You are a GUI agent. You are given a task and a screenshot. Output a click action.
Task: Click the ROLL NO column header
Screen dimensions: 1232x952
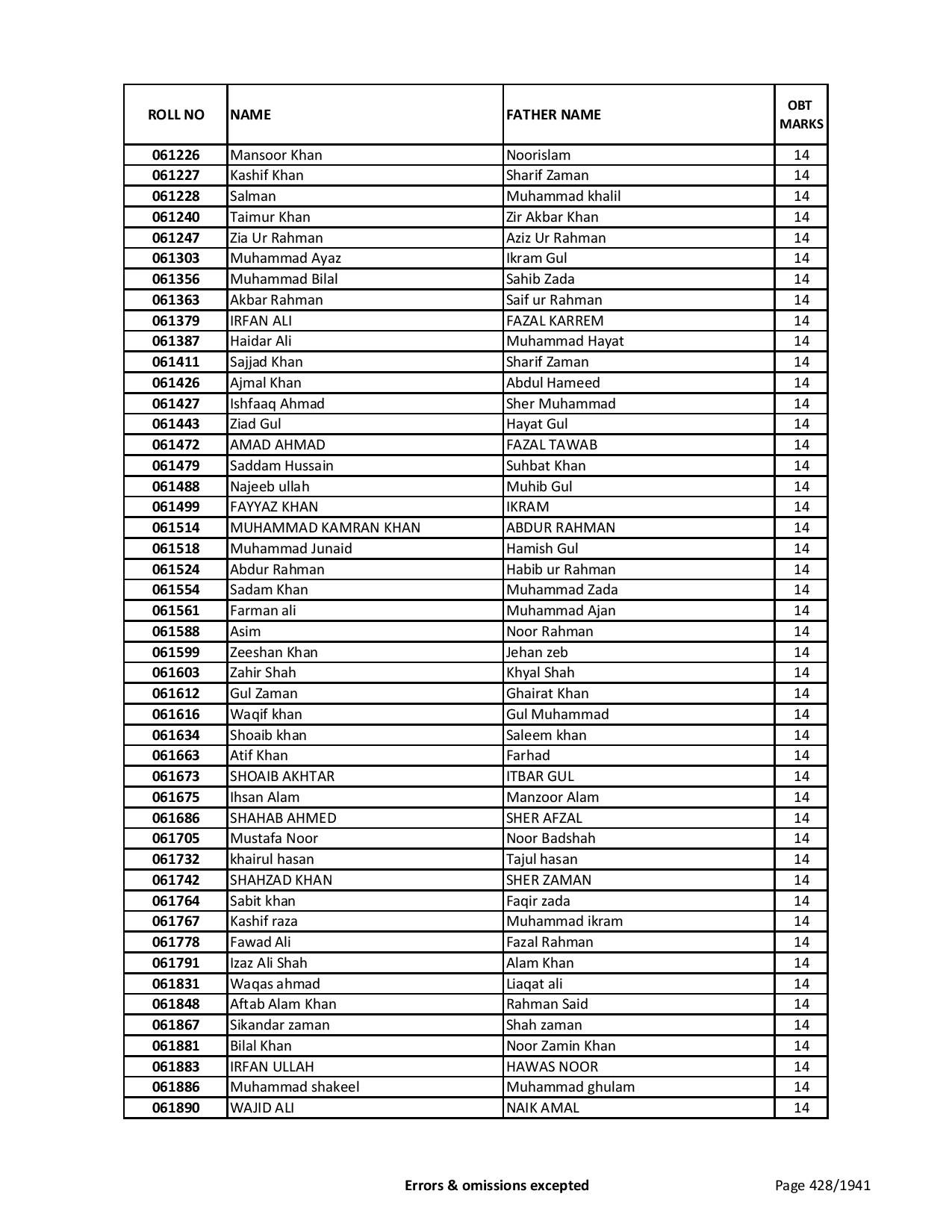[175, 114]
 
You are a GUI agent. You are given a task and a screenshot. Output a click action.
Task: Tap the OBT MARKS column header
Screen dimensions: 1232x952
[801, 114]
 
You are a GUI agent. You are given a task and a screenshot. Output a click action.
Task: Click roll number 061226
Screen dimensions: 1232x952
[175, 155]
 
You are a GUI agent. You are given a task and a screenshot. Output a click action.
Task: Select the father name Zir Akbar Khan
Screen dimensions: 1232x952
[552, 217]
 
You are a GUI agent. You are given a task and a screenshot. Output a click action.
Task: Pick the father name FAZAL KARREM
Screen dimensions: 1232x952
[554, 321]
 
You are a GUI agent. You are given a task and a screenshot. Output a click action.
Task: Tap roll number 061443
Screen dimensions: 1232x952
[175, 424]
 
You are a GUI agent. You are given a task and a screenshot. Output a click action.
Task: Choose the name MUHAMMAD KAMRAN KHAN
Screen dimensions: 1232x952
[325, 528]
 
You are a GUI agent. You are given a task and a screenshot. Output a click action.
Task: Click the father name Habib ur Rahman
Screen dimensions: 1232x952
[560, 570]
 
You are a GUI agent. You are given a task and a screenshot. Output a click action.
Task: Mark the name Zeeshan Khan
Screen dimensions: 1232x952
[273, 653]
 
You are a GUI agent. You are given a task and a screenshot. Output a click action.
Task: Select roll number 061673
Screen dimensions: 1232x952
[175, 777]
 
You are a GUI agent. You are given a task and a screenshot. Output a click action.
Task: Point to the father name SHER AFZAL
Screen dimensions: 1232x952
[544, 818]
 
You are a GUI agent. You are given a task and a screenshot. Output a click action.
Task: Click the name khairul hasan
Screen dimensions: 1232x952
[272, 859]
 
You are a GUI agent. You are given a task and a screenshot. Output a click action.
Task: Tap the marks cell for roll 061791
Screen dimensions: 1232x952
[801, 963]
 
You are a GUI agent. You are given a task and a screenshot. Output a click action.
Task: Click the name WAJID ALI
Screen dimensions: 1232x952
[261, 1108]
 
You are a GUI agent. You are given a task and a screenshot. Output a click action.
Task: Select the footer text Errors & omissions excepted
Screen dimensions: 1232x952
[497, 1185]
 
